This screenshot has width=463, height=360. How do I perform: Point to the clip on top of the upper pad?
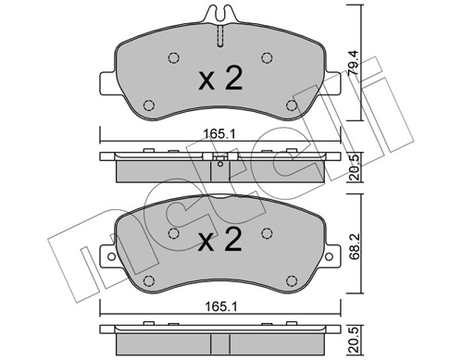tap(219, 16)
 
